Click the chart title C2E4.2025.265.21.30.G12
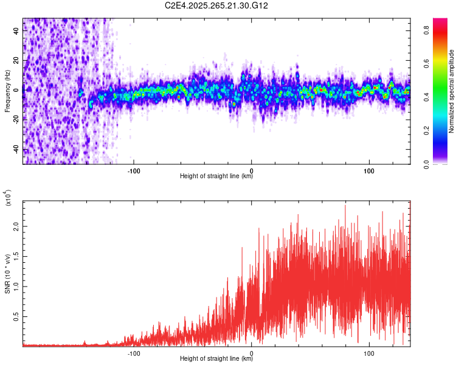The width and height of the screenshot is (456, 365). [x=217, y=5]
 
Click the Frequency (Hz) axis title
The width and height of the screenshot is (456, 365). [x=7, y=91]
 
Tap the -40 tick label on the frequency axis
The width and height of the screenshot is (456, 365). [x=16, y=150]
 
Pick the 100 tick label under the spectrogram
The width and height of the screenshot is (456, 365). [x=369, y=170]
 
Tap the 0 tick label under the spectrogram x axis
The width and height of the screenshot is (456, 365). [x=252, y=170]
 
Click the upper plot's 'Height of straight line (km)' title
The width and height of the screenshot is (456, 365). [x=217, y=176]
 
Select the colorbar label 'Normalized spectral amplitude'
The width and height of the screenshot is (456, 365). [x=452, y=91]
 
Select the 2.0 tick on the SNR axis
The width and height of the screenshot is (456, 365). [x=16, y=226]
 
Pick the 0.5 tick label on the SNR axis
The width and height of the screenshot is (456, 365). [x=16, y=316]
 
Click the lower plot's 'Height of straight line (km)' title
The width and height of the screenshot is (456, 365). [x=217, y=358]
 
